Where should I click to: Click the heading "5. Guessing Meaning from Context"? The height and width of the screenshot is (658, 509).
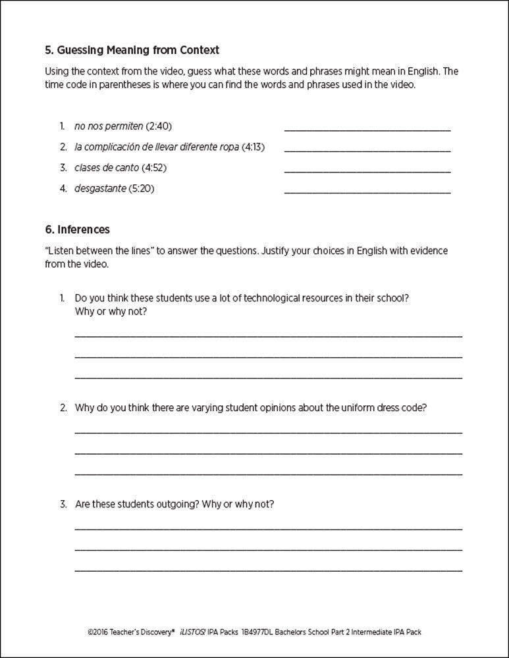[x=132, y=50]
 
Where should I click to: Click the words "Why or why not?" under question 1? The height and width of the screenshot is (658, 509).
[x=111, y=311]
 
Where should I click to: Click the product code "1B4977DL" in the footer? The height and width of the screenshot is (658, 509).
[x=259, y=632]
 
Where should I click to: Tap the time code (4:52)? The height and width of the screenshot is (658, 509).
[x=154, y=168]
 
